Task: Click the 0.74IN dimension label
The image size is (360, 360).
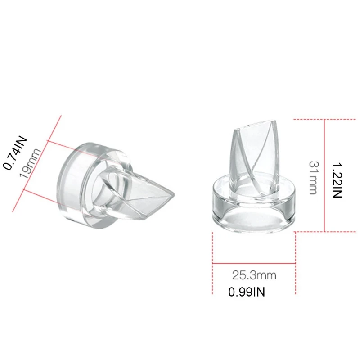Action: [x=15, y=153]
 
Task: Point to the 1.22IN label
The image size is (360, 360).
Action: [x=337, y=180]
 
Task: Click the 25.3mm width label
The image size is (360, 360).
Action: [x=254, y=274]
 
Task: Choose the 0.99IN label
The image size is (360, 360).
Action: [x=247, y=292]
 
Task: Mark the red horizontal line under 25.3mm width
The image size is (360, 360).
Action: [x=254, y=263]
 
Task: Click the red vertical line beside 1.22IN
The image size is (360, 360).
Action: [x=324, y=175]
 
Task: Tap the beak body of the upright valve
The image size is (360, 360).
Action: [x=252, y=153]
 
